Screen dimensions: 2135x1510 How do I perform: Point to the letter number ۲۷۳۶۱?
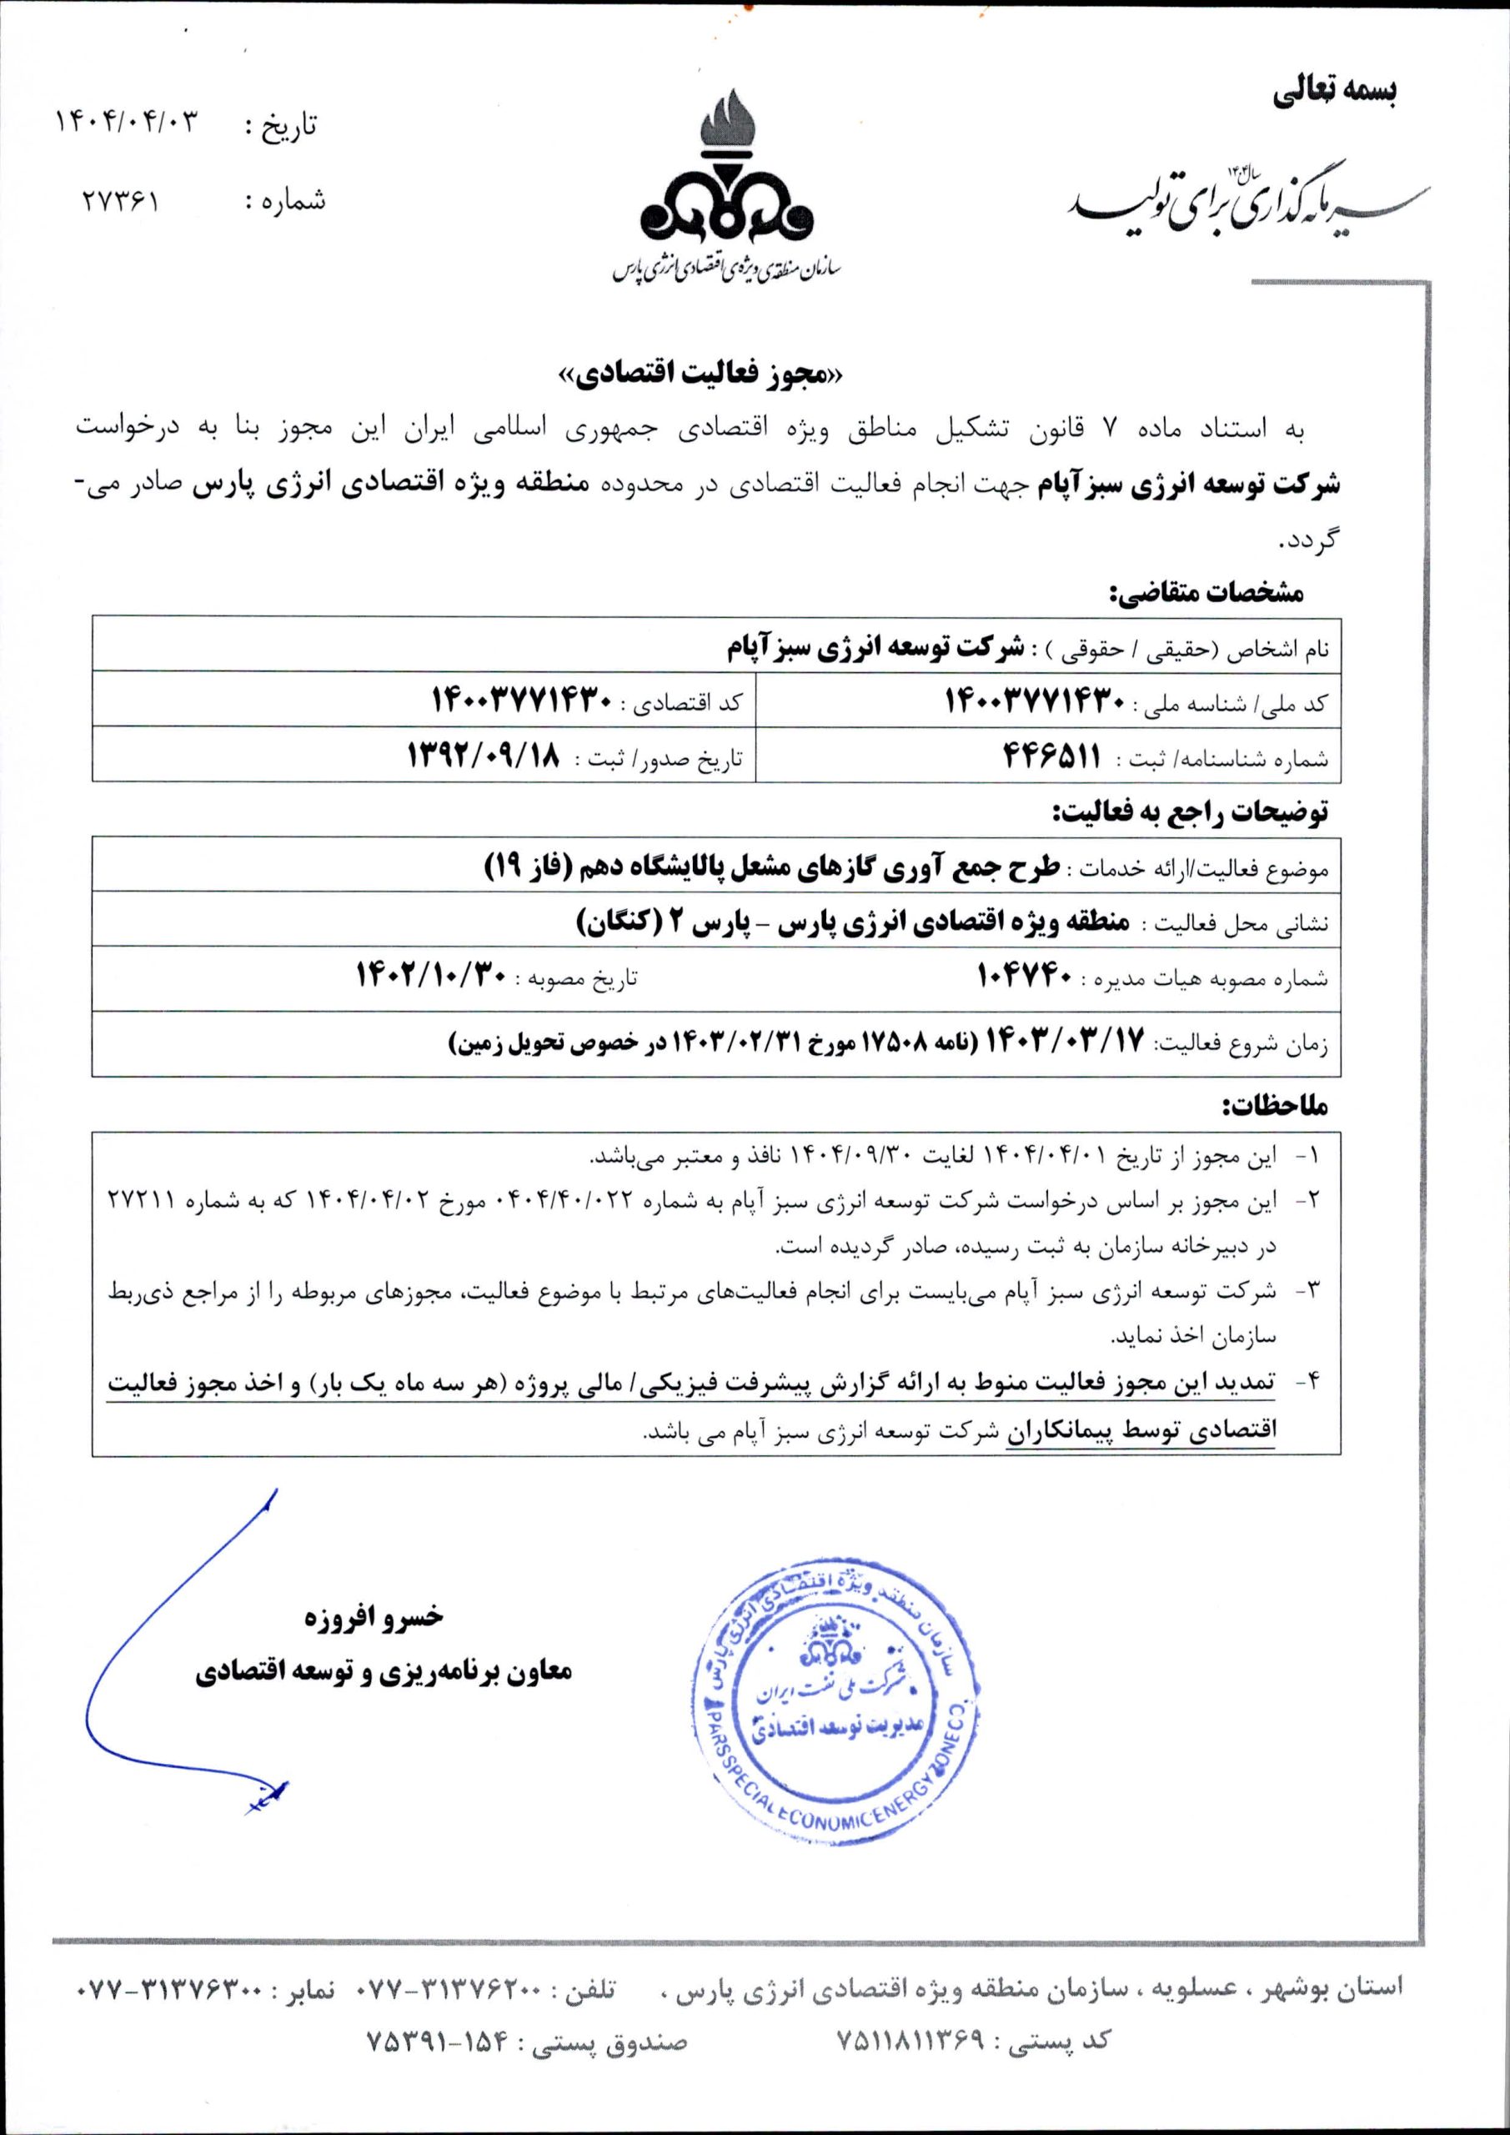[122, 201]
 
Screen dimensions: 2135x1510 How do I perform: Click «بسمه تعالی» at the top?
[1333, 91]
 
